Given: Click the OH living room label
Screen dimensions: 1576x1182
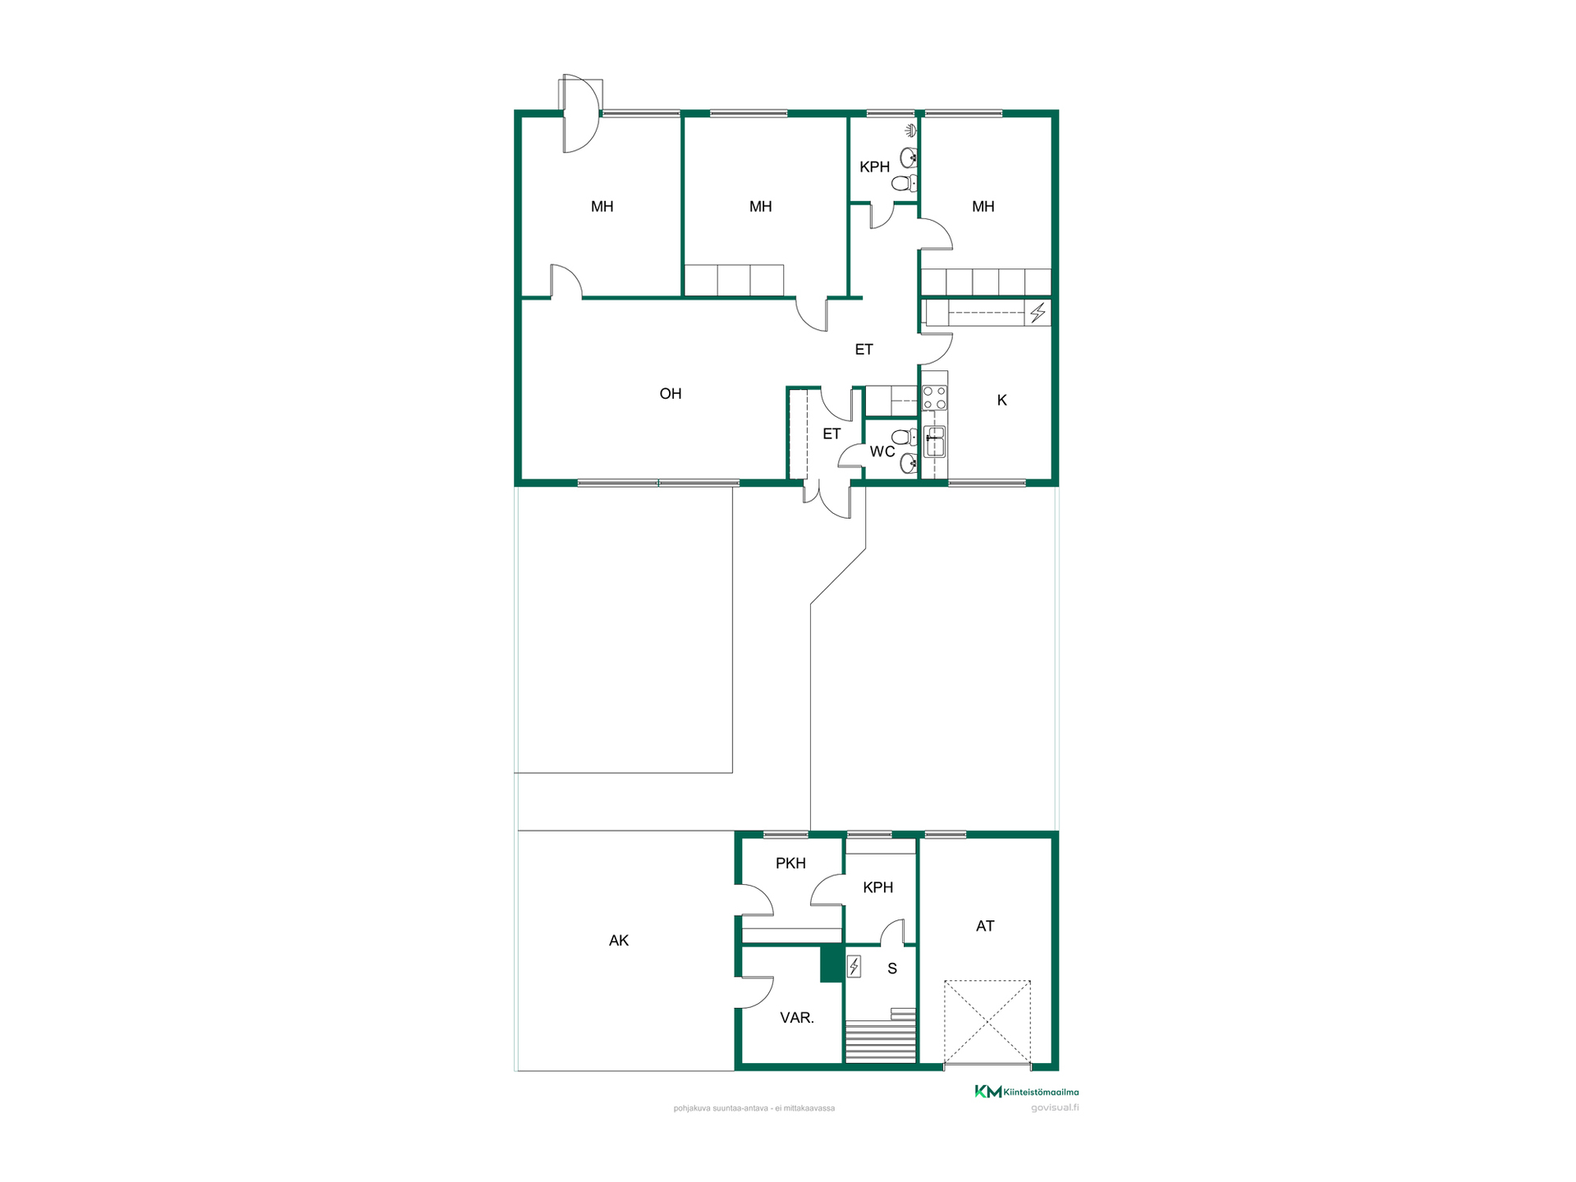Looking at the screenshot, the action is pos(671,394).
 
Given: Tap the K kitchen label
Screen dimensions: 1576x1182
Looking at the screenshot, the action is pos(1001,401).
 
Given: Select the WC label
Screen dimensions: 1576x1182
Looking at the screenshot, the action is pos(882,451).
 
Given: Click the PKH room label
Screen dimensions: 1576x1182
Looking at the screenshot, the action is pos(790,864).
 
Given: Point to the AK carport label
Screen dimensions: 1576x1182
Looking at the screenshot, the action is pos(619,941).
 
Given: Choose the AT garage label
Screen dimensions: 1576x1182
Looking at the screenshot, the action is pos(985,927).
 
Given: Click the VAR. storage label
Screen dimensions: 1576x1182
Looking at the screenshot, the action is pos(797,1018).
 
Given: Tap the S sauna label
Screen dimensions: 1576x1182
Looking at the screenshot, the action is pos(892,969).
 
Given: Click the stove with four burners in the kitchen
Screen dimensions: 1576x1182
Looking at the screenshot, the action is pos(934,398).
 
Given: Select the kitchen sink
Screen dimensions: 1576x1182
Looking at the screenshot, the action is pos(934,442).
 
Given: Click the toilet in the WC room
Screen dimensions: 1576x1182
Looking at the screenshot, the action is pos(905,437).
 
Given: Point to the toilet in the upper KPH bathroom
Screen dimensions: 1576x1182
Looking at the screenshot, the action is pos(905,184).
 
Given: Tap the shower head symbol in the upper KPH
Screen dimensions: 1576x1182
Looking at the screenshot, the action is pos(910,130).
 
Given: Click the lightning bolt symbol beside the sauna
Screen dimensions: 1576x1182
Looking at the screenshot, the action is pos(854,967).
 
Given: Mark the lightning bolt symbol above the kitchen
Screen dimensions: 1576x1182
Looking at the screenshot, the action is pos(1038,313).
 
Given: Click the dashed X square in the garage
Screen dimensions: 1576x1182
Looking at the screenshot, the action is pos(987,1022).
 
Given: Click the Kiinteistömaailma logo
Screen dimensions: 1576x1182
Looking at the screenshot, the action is pos(1026,1092).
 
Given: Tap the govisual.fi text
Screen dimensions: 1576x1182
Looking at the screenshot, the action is pos(1055,1108).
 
